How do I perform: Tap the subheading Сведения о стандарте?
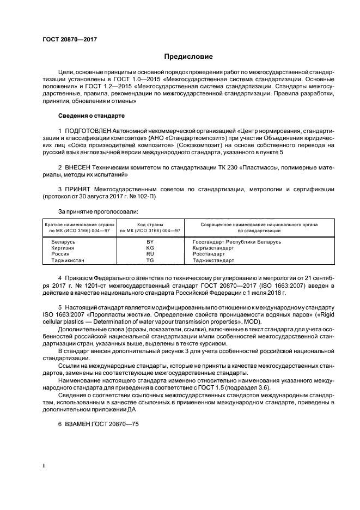tap(91, 116)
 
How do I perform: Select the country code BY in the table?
tap(150, 241)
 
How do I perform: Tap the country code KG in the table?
tap(150, 247)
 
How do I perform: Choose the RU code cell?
tap(150, 254)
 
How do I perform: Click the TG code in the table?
tap(150, 260)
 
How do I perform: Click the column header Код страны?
tap(150, 224)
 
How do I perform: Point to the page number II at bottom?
tap(45, 466)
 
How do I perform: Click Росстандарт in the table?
tap(209, 254)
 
